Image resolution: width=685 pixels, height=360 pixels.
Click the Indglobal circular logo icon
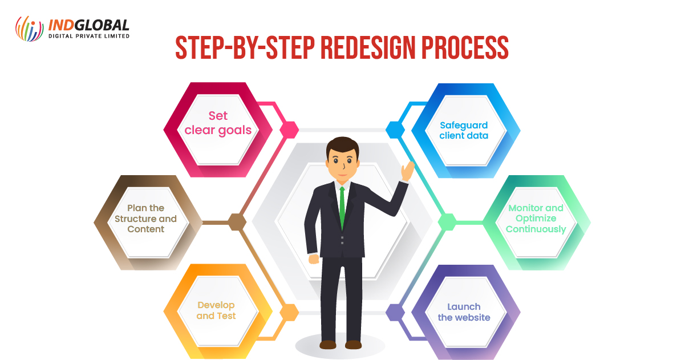(x=29, y=29)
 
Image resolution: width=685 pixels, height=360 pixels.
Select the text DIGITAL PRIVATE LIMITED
(x=89, y=36)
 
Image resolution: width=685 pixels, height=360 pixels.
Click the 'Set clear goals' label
(x=218, y=123)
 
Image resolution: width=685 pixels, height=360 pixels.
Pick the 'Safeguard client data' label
(x=464, y=130)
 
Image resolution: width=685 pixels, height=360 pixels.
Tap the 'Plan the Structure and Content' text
(x=146, y=219)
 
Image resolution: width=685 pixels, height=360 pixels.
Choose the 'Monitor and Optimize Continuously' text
(x=536, y=219)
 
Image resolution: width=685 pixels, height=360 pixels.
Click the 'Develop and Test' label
(x=216, y=310)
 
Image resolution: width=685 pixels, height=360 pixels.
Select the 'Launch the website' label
(x=464, y=312)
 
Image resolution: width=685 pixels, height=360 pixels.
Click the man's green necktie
(x=342, y=208)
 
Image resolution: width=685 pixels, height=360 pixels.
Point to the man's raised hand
(x=408, y=171)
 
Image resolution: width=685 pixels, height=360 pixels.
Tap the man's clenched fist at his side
(x=314, y=259)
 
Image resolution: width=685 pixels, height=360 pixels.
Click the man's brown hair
(x=342, y=145)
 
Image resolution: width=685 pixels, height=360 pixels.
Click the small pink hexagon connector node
(x=289, y=130)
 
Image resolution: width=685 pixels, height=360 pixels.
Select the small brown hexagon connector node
(x=237, y=222)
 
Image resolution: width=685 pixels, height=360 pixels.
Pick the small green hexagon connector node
(x=447, y=222)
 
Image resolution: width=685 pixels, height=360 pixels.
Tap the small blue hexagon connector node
(x=395, y=130)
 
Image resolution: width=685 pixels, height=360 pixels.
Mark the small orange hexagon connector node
(x=289, y=313)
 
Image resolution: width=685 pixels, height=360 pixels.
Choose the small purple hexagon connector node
(x=395, y=313)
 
